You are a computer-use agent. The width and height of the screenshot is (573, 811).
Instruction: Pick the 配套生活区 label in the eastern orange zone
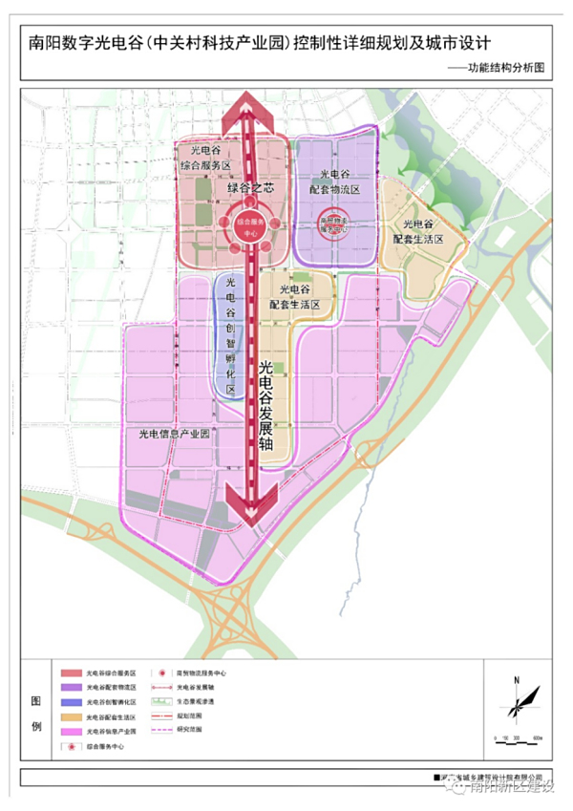click(x=417, y=230)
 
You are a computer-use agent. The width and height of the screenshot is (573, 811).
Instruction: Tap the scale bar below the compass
click(x=516, y=738)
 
